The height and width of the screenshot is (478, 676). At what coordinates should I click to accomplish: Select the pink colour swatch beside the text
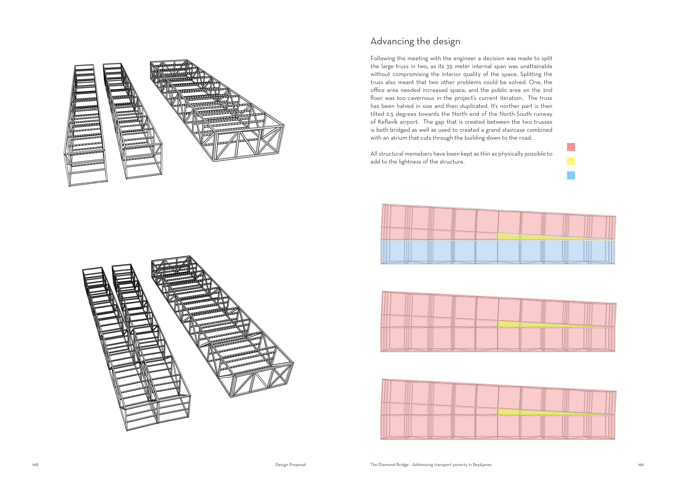click(x=571, y=147)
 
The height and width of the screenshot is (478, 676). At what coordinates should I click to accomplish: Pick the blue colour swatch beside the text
click(x=571, y=175)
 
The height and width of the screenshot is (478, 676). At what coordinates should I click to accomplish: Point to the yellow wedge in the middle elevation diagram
click(x=518, y=324)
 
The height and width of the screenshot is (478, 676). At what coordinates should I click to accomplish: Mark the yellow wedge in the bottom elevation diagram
click(x=518, y=412)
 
